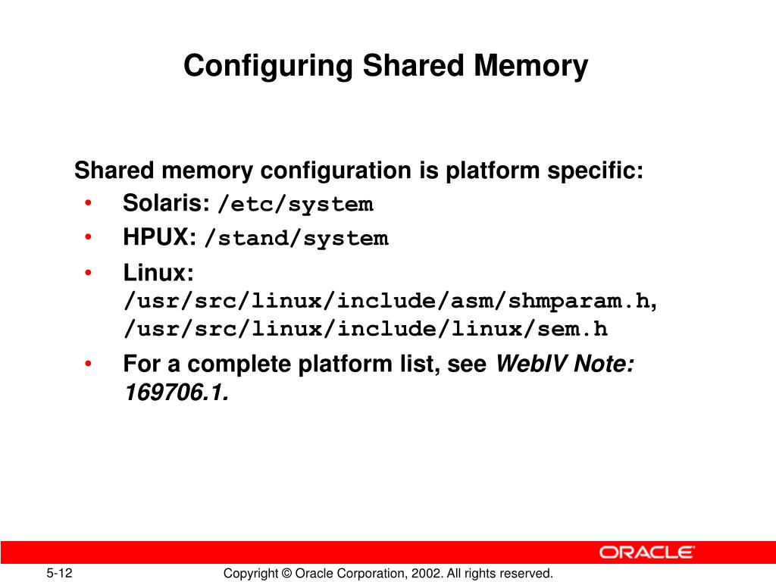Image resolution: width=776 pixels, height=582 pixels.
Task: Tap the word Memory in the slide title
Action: pos(530,66)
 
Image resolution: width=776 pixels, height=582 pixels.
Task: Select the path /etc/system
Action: pos(295,205)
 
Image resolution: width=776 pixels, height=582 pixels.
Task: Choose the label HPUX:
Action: pos(160,237)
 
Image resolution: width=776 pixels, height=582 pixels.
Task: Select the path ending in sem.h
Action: pos(366,330)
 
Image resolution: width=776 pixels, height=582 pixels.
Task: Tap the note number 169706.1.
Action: pos(175,393)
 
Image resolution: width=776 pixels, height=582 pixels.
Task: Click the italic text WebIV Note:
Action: pos(565,365)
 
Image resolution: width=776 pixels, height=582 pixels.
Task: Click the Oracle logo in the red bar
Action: pos(647,552)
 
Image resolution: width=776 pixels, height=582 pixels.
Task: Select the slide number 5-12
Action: pos(58,573)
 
